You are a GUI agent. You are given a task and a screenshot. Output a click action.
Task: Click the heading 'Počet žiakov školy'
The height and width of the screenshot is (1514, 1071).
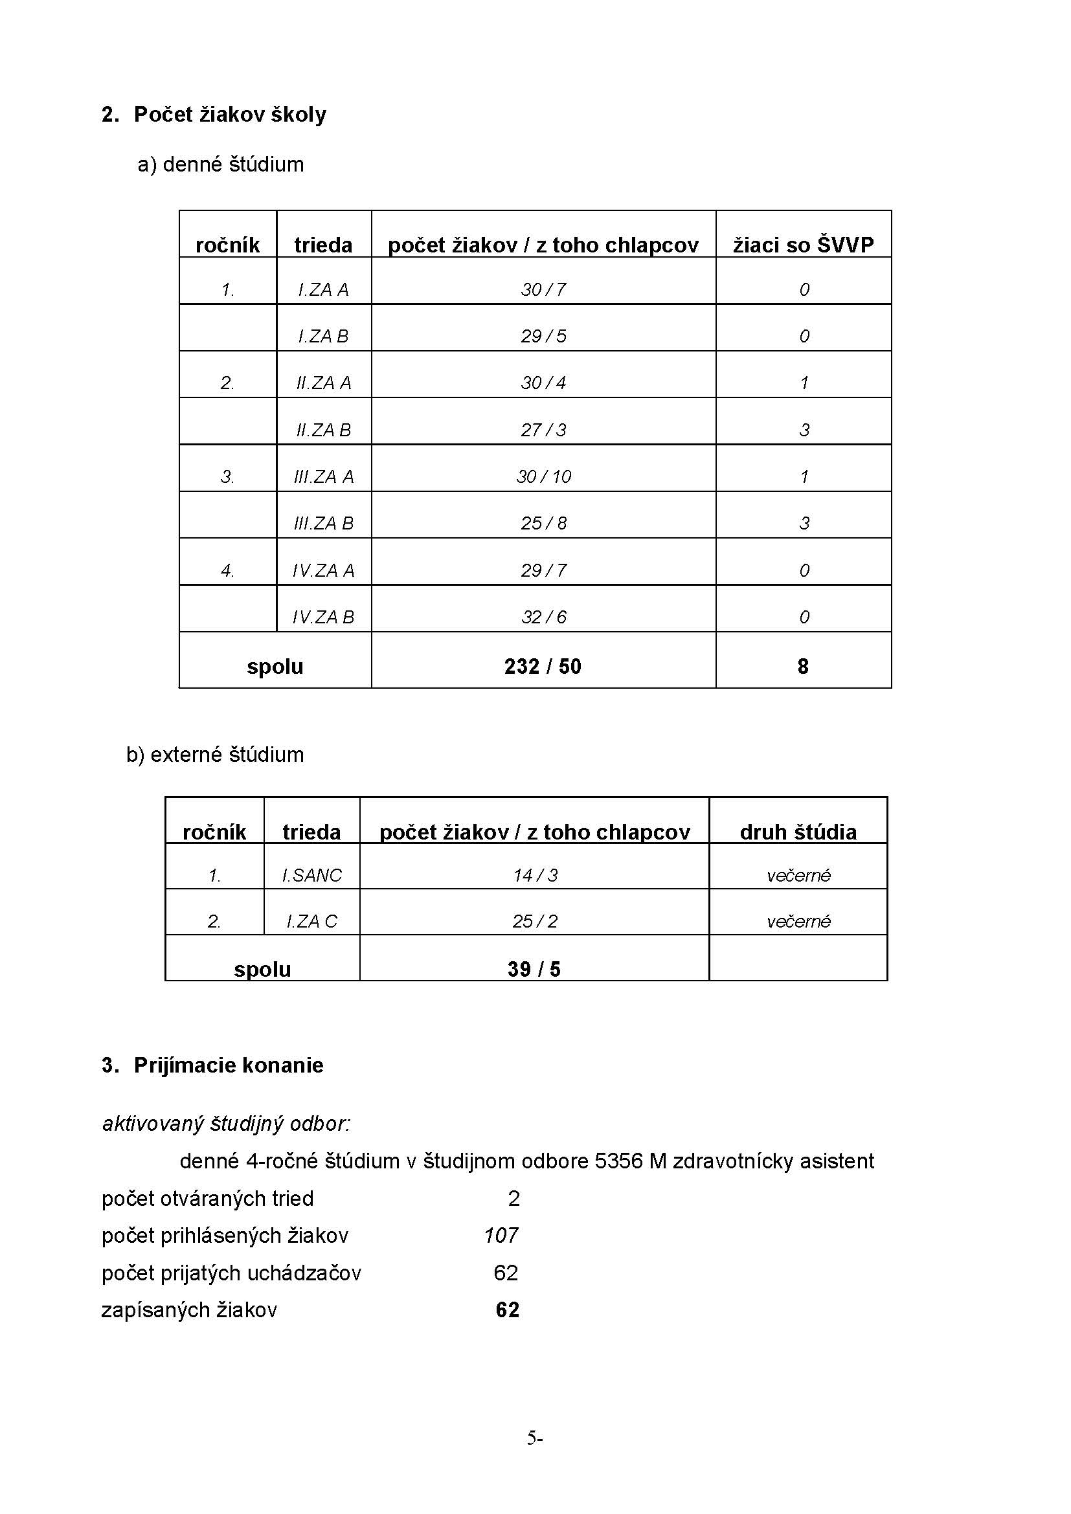coord(229,115)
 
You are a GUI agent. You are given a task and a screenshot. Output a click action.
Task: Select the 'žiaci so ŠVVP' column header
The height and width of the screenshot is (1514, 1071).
coord(803,245)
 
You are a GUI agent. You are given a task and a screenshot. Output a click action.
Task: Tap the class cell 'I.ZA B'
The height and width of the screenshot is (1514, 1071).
coord(323,337)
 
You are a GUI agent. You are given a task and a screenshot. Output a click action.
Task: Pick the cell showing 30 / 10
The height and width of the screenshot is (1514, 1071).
coord(543,477)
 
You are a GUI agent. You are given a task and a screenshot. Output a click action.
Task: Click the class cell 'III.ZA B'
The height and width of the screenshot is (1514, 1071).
coord(323,524)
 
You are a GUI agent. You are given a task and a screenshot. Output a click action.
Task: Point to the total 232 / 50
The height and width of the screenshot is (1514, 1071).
coord(543,667)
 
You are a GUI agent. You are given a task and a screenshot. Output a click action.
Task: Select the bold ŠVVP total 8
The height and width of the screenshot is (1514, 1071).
coord(802,667)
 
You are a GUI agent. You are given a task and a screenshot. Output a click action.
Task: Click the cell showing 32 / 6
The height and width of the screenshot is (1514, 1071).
coord(543,618)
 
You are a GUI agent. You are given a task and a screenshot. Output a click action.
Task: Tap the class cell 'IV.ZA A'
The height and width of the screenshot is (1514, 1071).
coord(323,570)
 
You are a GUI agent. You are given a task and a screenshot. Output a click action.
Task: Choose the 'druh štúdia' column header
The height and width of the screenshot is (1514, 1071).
coord(798,832)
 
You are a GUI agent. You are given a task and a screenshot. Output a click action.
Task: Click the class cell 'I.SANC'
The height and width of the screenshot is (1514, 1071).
coord(312,875)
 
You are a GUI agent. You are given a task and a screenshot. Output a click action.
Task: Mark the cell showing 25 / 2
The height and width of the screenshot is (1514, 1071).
coord(535,921)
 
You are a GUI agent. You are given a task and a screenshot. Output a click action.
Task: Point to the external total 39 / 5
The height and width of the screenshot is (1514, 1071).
coord(534,970)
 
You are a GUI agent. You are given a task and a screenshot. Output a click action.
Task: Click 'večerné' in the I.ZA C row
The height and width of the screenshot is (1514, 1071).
coord(798,921)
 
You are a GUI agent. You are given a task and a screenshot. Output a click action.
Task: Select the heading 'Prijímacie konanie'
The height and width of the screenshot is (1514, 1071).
coord(228,1065)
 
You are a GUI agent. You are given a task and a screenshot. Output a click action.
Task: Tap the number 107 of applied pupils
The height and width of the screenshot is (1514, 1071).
coord(501,1236)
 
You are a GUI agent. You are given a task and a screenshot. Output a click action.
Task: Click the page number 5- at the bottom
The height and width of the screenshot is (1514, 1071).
coord(534,1438)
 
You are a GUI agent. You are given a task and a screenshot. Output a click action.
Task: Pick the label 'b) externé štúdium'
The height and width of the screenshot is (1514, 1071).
coord(215,754)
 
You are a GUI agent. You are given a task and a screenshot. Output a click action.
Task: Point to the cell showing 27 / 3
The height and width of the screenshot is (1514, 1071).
coord(543,430)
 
